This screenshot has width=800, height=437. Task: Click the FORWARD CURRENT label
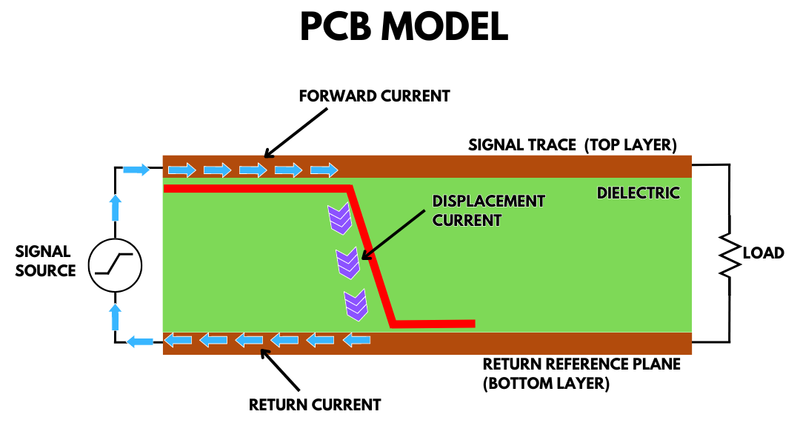pos(374,96)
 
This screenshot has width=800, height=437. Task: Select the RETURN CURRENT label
pos(314,405)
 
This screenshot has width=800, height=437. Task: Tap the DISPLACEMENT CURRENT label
pos(488,211)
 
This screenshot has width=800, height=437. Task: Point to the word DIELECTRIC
pos(638,193)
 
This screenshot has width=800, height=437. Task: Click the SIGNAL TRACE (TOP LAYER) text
pos(572,145)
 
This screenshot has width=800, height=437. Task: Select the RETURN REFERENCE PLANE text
pos(581,365)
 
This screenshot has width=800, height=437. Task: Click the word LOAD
pos(763,253)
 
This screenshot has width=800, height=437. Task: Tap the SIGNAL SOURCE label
pos(45,261)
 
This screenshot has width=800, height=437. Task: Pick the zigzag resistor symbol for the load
pos(729,256)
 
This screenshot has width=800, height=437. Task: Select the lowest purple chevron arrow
pos(356,305)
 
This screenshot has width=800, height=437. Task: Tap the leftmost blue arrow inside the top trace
pos(181,171)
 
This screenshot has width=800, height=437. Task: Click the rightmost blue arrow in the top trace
pos(324,171)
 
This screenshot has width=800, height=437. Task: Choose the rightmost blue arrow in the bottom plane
pos(359,340)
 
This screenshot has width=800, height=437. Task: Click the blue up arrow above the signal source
pos(115,209)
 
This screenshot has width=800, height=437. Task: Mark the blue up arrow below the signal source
pos(115,316)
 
